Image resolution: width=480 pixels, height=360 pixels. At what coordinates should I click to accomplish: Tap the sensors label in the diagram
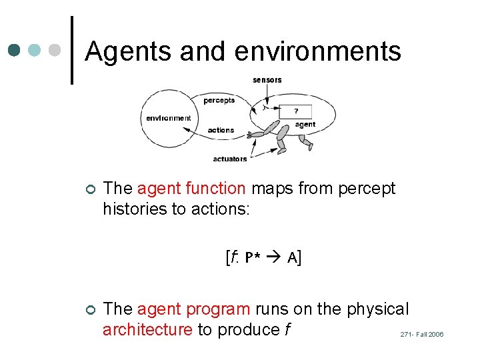[x=267, y=80]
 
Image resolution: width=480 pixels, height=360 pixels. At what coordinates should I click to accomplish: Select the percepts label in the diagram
[x=219, y=101]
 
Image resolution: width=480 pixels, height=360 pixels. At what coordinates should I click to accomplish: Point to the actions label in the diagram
[x=221, y=130]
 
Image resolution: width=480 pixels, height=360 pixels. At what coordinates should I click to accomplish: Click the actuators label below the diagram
[x=229, y=159]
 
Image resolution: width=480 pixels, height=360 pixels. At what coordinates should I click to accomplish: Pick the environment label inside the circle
[x=168, y=118]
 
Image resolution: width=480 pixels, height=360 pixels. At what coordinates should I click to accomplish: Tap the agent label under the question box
[x=305, y=125]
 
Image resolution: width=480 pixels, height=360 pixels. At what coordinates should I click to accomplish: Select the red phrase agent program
[x=194, y=309]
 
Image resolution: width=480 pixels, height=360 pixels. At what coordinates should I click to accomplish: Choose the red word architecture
[x=147, y=330]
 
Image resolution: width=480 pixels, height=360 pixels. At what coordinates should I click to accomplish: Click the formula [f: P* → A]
[x=263, y=258]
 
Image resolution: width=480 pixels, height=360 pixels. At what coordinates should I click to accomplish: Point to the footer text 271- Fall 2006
[x=421, y=335]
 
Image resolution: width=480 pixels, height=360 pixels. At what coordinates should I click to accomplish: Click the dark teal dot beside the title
[x=14, y=51]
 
